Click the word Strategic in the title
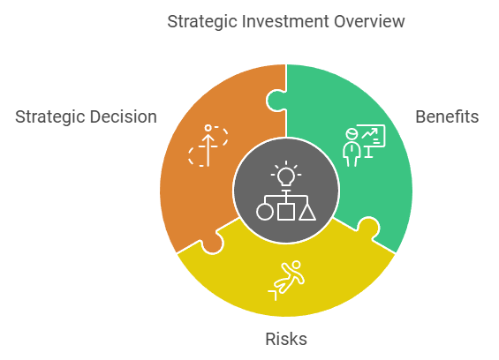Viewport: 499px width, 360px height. tap(203, 23)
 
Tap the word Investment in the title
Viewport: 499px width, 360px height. tap(285, 22)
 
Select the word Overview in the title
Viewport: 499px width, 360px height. tap(369, 22)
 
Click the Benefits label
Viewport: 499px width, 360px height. tap(447, 116)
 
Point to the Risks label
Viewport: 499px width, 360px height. tap(286, 339)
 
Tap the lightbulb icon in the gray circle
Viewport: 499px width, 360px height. tap(286, 174)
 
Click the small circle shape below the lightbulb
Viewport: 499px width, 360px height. tap(265, 212)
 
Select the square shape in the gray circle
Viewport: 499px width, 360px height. tap(286, 212)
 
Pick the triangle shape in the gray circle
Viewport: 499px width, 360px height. tap(307, 212)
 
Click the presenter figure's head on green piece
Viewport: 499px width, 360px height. tap(352, 133)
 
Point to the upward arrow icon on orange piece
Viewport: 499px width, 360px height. tap(208, 146)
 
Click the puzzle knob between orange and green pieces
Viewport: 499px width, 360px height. tap(276, 101)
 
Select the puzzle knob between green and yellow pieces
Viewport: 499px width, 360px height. tap(368, 228)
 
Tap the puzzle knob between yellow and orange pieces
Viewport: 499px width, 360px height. tap(213, 244)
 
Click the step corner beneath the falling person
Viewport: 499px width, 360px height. tap(273, 295)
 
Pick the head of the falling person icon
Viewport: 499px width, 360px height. tap(296, 265)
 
